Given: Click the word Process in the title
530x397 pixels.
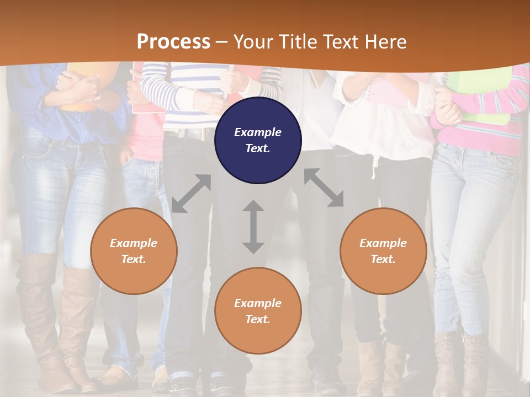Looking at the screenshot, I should [173, 42].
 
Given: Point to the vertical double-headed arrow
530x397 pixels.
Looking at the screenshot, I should [253, 227].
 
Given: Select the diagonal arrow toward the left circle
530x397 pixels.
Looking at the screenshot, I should [191, 194].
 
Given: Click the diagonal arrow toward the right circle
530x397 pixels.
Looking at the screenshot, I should [324, 187].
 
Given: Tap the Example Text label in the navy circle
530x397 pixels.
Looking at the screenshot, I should [258, 140].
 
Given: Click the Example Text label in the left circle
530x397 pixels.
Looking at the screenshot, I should [134, 251].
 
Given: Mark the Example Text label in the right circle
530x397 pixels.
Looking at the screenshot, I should [383, 251].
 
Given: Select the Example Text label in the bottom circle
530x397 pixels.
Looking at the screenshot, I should [258, 311].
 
